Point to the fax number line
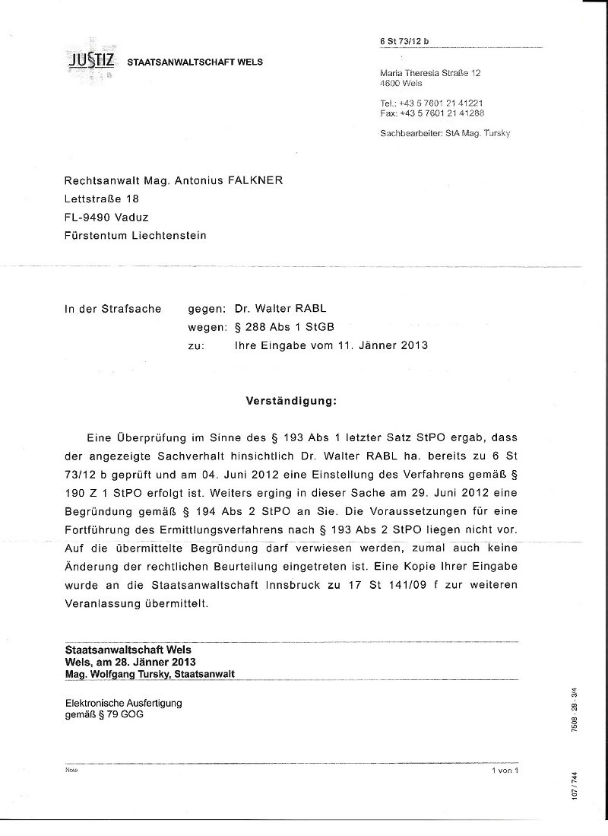(432, 113)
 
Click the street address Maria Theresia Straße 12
(429, 73)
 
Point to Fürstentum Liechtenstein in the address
(135, 235)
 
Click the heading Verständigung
(290, 400)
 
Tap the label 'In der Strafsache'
(112, 309)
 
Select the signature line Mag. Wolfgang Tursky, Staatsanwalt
(150, 674)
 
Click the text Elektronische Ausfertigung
(123, 703)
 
